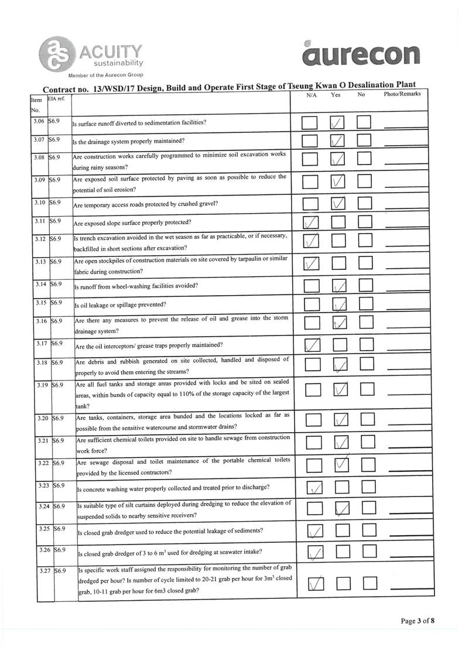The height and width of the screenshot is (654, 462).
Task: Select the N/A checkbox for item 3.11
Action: coord(311,222)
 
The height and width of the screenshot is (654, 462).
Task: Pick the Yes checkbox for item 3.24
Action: coord(342,509)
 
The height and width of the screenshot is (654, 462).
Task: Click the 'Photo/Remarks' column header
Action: coord(402,94)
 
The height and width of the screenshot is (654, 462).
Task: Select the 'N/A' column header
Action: coord(312,94)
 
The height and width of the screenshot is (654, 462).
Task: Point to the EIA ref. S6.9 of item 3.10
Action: coord(56,202)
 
